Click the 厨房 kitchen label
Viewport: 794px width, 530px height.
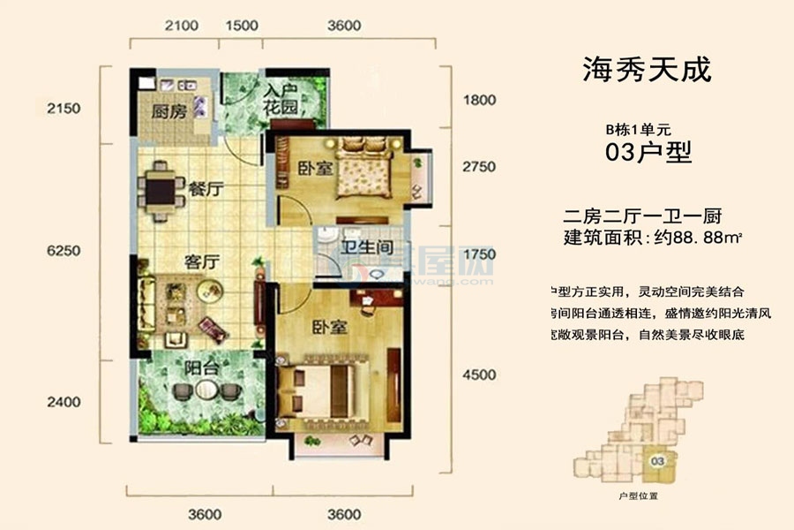pos(166,112)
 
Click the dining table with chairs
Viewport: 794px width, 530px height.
pos(161,189)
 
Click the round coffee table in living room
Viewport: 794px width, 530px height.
pos(209,289)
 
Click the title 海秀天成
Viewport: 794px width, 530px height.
pos(647,69)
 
